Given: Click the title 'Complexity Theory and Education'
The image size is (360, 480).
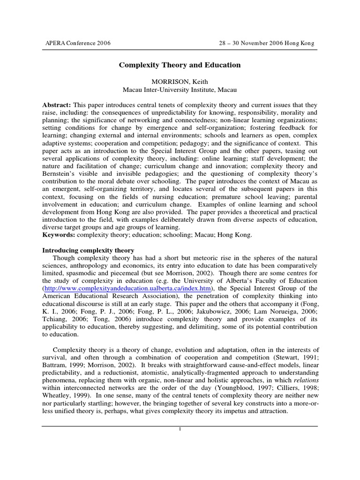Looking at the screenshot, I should [180, 65].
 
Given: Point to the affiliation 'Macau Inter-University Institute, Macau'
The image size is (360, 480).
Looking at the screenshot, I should [180, 90].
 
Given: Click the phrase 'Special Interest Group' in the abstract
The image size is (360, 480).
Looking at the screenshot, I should [200, 151].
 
